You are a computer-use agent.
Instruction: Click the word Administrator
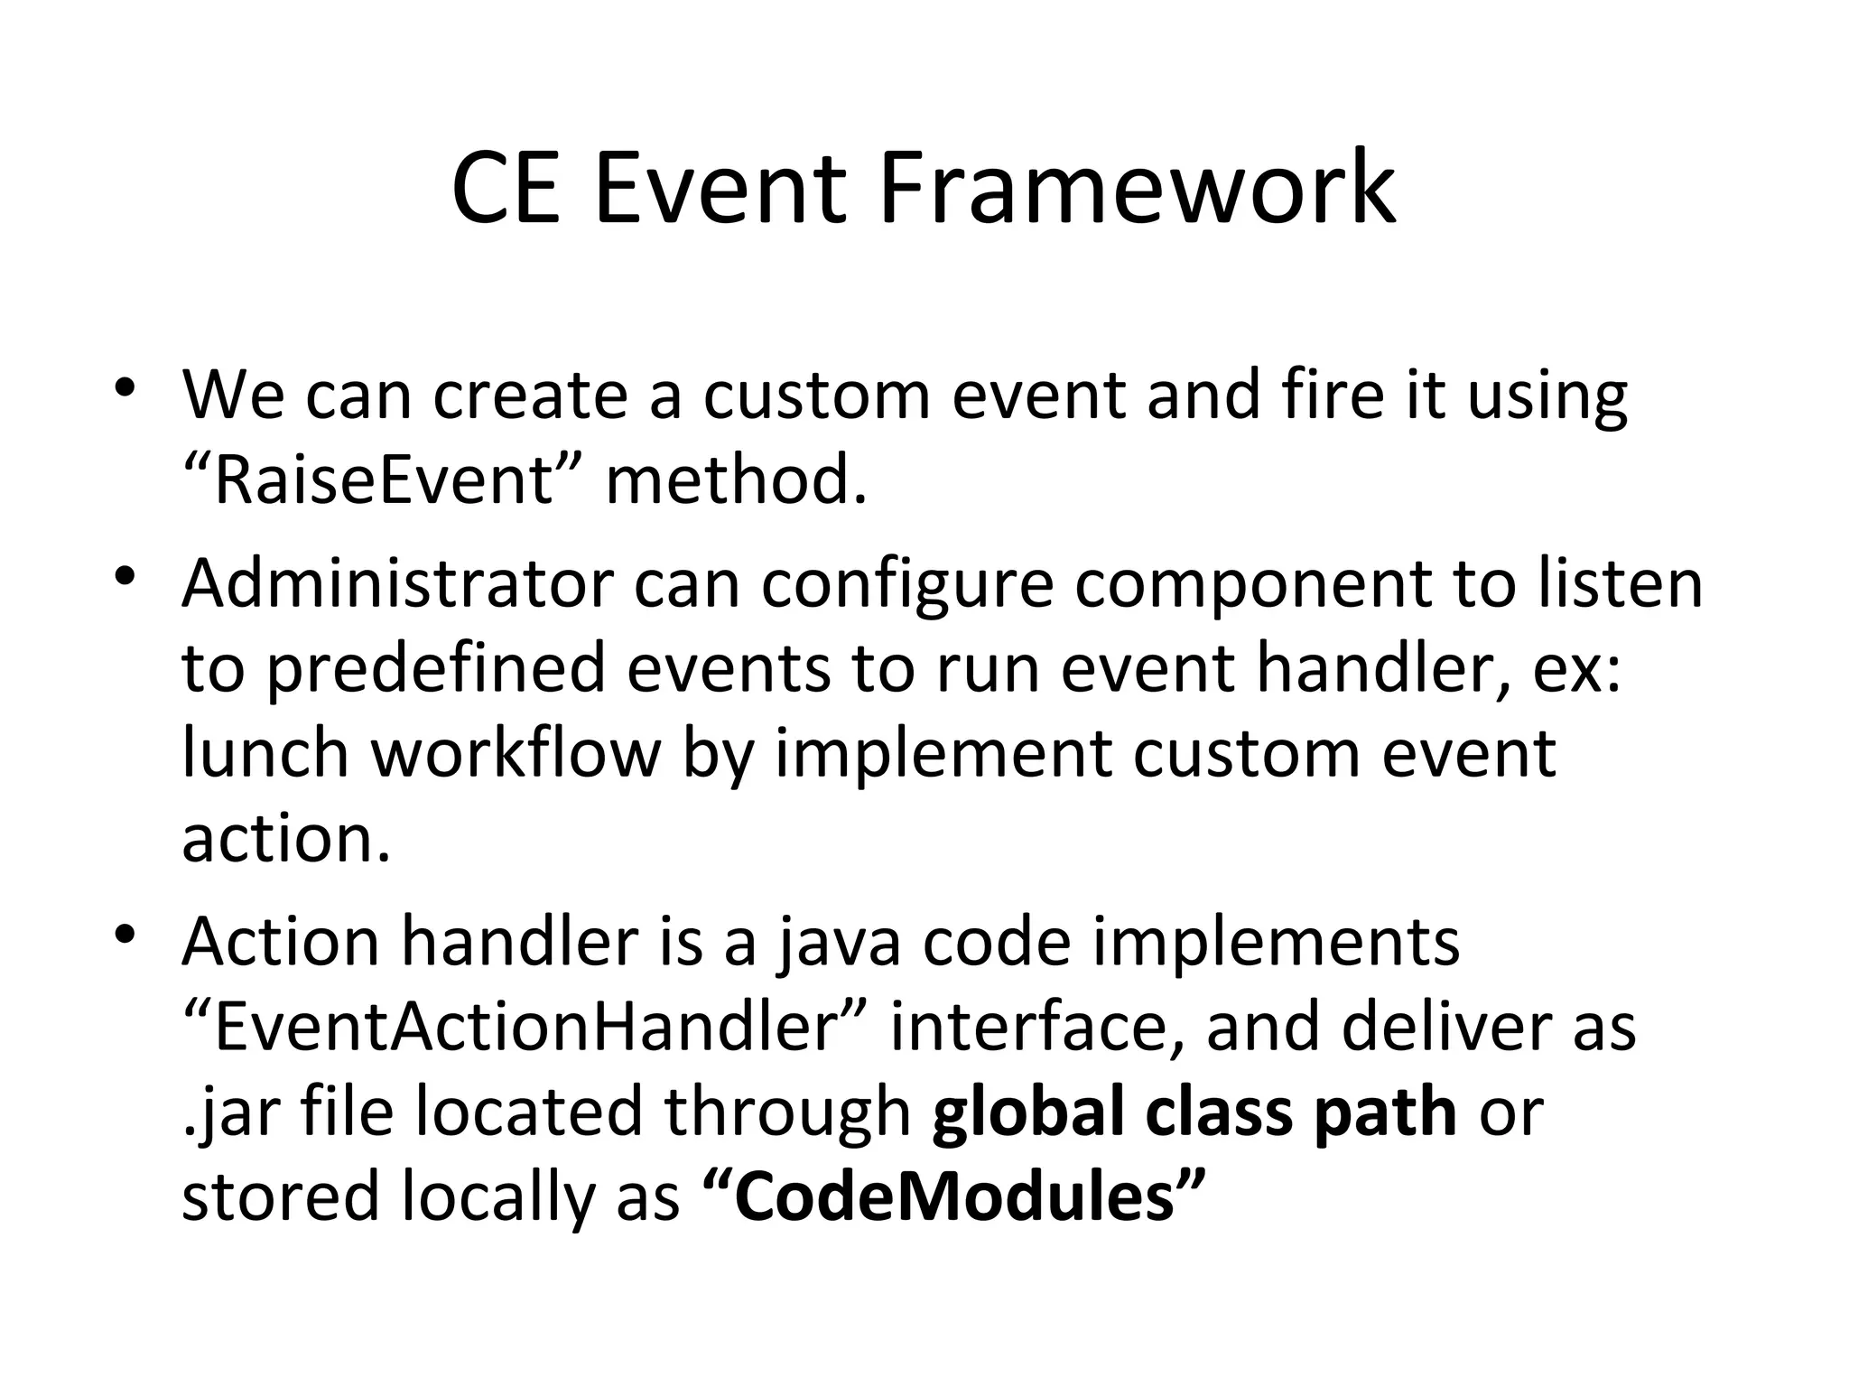tap(397, 583)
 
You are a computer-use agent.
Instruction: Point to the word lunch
tap(265, 753)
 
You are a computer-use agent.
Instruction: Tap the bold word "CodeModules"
tap(953, 1196)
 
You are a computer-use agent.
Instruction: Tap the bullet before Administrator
tap(125, 576)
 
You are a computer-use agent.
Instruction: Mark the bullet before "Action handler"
tap(125, 933)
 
